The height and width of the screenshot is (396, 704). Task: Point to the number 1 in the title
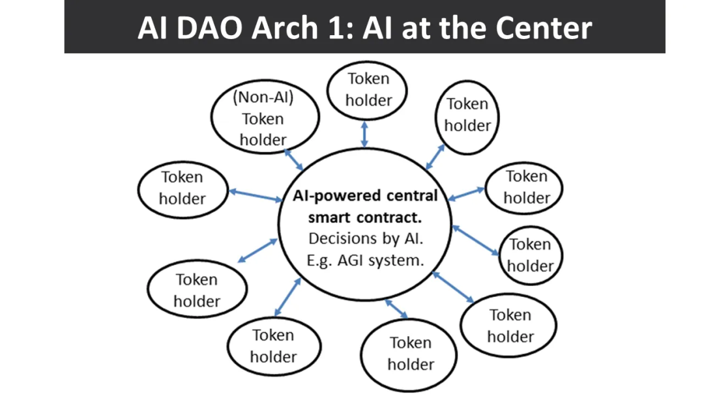point(344,28)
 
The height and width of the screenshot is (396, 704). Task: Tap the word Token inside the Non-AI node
point(263,119)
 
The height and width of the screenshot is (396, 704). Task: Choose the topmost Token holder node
point(368,90)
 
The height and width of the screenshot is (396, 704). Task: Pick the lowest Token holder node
point(409,354)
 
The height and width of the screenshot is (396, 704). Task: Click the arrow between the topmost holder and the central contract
point(364,134)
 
